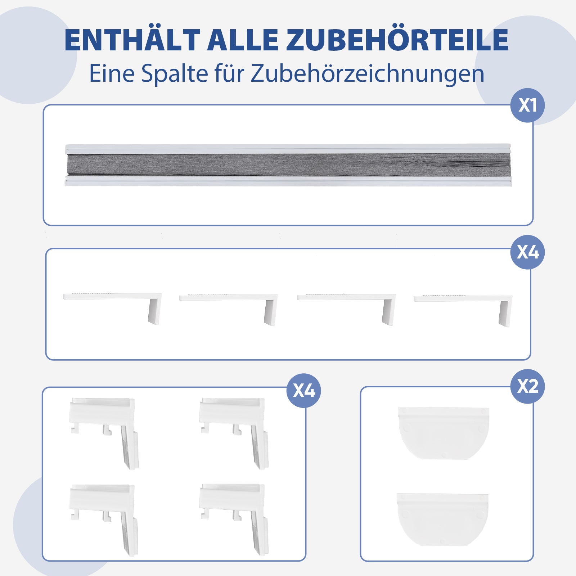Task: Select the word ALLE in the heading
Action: coord(243,40)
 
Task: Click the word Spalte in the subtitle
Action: coord(175,73)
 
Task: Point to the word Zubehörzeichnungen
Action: coord(367,74)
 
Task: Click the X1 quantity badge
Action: coord(527,105)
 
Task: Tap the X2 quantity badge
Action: coord(527,386)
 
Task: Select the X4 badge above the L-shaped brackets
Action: coord(527,252)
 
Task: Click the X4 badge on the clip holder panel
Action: coord(303,391)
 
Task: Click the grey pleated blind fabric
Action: coord(288,165)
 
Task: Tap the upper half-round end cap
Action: coord(443,433)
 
